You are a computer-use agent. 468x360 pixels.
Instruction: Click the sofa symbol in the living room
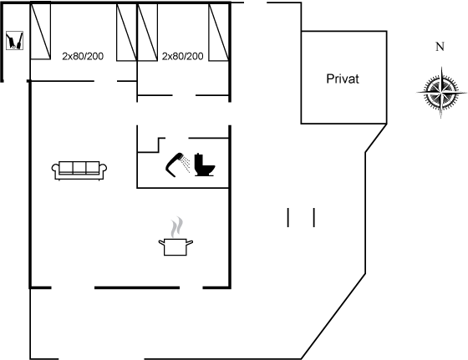(79, 170)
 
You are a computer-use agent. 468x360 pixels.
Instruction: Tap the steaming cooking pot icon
(175, 236)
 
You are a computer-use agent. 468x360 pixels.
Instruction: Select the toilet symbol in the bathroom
(205, 165)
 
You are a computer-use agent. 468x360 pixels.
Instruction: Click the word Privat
(343, 79)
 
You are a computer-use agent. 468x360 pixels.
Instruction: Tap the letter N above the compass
(440, 47)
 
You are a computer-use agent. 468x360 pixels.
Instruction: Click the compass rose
(441, 92)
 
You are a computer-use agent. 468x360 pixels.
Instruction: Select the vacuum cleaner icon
(14, 40)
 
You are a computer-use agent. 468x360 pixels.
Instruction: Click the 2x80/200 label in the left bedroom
(83, 56)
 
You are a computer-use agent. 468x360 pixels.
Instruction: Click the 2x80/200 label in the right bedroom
(182, 56)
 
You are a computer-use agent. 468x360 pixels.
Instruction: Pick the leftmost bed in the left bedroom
(41, 30)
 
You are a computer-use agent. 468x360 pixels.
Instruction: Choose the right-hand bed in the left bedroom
(126, 33)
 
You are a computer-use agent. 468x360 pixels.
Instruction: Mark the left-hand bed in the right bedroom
(147, 33)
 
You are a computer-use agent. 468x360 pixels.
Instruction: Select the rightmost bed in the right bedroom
(219, 33)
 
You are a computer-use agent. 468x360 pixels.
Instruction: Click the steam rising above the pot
(176, 227)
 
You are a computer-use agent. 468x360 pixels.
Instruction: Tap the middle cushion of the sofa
(79, 167)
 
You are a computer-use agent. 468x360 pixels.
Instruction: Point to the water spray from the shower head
(186, 163)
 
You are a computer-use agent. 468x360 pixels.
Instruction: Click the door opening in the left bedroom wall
(105, 81)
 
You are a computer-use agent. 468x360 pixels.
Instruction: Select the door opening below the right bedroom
(184, 95)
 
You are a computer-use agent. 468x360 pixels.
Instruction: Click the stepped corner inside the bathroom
(158, 145)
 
